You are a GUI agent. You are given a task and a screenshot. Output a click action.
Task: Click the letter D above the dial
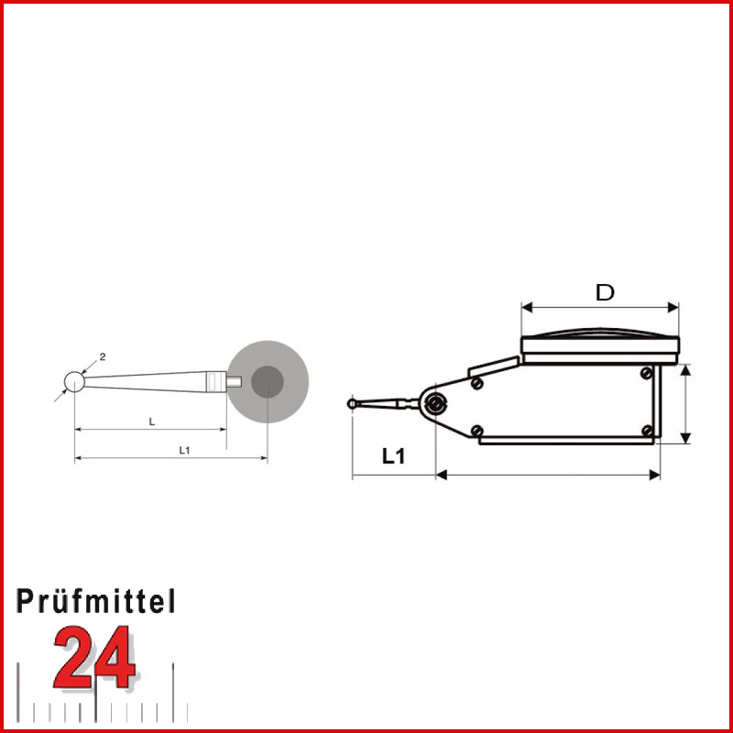pyautogui.click(x=604, y=292)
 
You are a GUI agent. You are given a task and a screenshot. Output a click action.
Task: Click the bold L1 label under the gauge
pyautogui.click(x=393, y=456)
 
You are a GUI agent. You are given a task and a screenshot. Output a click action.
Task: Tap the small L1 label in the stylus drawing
pyautogui.click(x=183, y=449)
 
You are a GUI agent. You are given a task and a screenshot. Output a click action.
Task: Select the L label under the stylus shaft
pyautogui.click(x=151, y=421)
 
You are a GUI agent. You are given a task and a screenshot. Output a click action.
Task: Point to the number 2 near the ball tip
pyautogui.click(x=103, y=356)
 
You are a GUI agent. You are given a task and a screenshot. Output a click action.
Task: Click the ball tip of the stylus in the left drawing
pyautogui.click(x=74, y=379)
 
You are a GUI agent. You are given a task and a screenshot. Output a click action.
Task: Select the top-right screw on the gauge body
pyautogui.click(x=648, y=372)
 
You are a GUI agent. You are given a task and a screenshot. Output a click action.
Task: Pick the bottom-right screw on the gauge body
pyautogui.click(x=647, y=431)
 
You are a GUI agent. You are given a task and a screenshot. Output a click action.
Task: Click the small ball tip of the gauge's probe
pyautogui.click(x=353, y=402)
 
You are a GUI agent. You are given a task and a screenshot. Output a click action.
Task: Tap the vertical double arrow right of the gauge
pyautogui.click(x=686, y=403)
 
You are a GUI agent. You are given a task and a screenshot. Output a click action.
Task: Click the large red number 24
pyautogui.click(x=93, y=657)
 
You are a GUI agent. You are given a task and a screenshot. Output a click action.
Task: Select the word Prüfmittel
pyautogui.click(x=96, y=601)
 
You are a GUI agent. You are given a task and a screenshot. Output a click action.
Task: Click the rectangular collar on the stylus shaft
pyautogui.click(x=214, y=380)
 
